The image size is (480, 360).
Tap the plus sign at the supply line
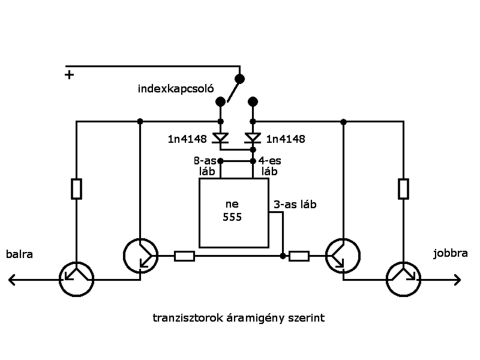pyautogui.click(x=70, y=75)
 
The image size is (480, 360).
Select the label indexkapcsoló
pyautogui.click(x=176, y=89)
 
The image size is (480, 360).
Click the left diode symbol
pyautogui.click(x=221, y=139)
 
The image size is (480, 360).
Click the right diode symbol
pyautogui.click(x=253, y=139)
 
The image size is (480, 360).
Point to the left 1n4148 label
pyautogui.click(x=188, y=139)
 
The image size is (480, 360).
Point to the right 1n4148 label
pyautogui.click(x=285, y=139)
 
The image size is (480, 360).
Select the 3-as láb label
pyautogui.click(x=295, y=205)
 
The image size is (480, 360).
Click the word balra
pyautogui.click(x=19, y=254)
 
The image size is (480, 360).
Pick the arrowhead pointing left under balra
pyautogui.click(x=12, y=280)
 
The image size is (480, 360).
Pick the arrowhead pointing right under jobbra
pyautogui.click(x=457, y=280)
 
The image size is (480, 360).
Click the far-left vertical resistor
pyautogui.click(x=77, y=188)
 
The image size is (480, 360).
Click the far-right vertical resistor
pyautogui.click(x=404, y=188)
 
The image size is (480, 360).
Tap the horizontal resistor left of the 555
pyautogui.click(x=184, y=256)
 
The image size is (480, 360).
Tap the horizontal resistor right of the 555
pyautogui.click(x=299, y=256)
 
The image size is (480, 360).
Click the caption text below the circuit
pyautogui.click(x=239, y=318)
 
